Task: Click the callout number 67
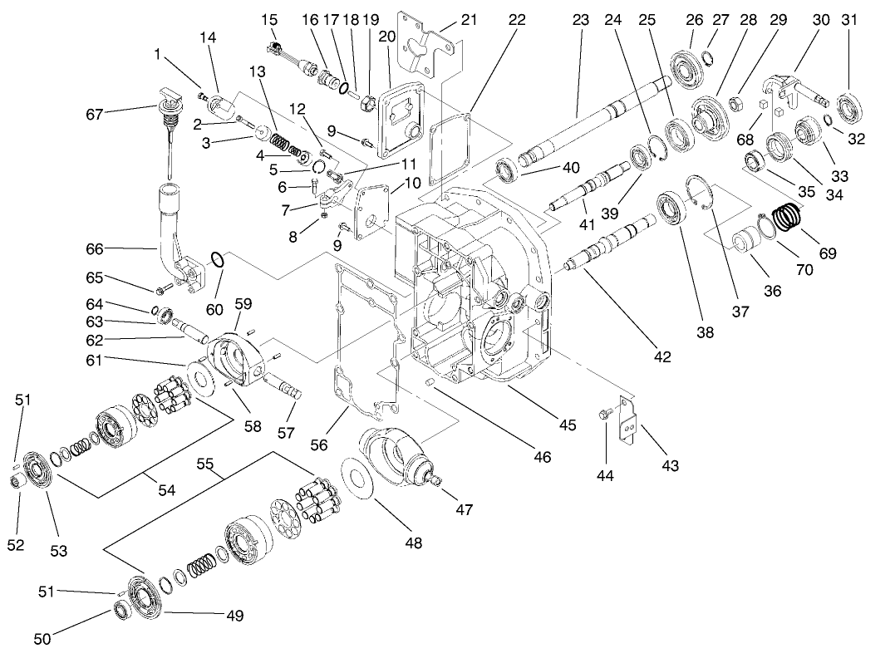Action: pos(96,114)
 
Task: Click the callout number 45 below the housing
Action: pos(567,425)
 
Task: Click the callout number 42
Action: pos(661,357)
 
